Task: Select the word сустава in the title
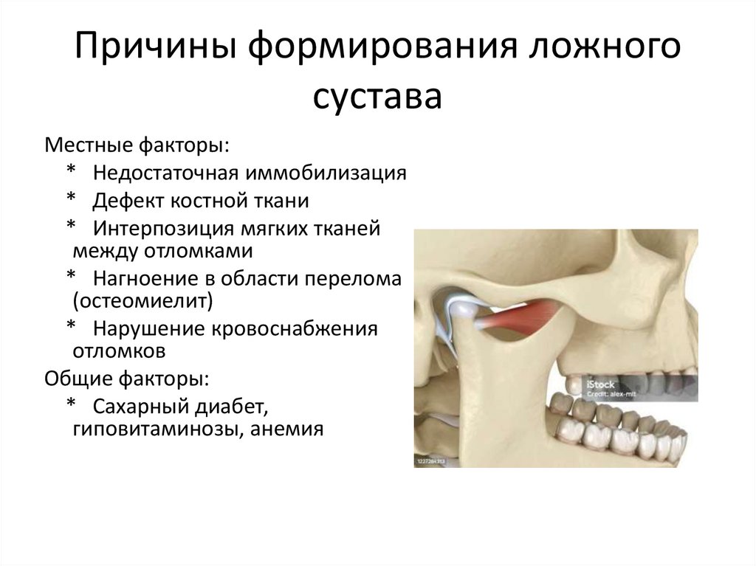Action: [x=377, y=97]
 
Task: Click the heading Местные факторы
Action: [x=137, y=145]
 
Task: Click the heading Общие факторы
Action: [x=127, y=379]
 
